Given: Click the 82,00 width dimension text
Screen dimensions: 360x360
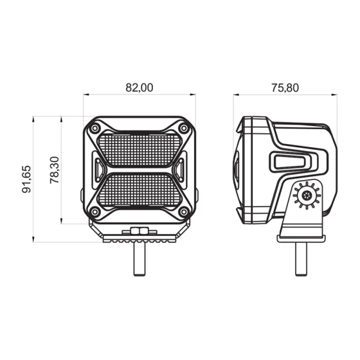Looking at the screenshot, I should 139,88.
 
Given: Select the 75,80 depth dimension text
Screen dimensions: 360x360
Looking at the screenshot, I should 284,88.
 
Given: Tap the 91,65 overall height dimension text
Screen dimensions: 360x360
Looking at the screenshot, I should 26,179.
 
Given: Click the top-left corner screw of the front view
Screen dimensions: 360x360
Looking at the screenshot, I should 95,129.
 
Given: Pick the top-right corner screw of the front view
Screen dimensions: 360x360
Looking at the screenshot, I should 184,129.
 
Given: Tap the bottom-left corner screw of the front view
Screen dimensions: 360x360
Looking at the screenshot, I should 95,213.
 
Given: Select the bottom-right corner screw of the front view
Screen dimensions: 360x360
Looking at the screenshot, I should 184,213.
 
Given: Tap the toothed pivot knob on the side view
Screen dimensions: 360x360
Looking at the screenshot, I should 305,196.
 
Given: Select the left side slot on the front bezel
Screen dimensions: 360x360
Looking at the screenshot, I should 98,170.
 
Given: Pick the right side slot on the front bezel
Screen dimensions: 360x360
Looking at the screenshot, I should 181,170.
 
